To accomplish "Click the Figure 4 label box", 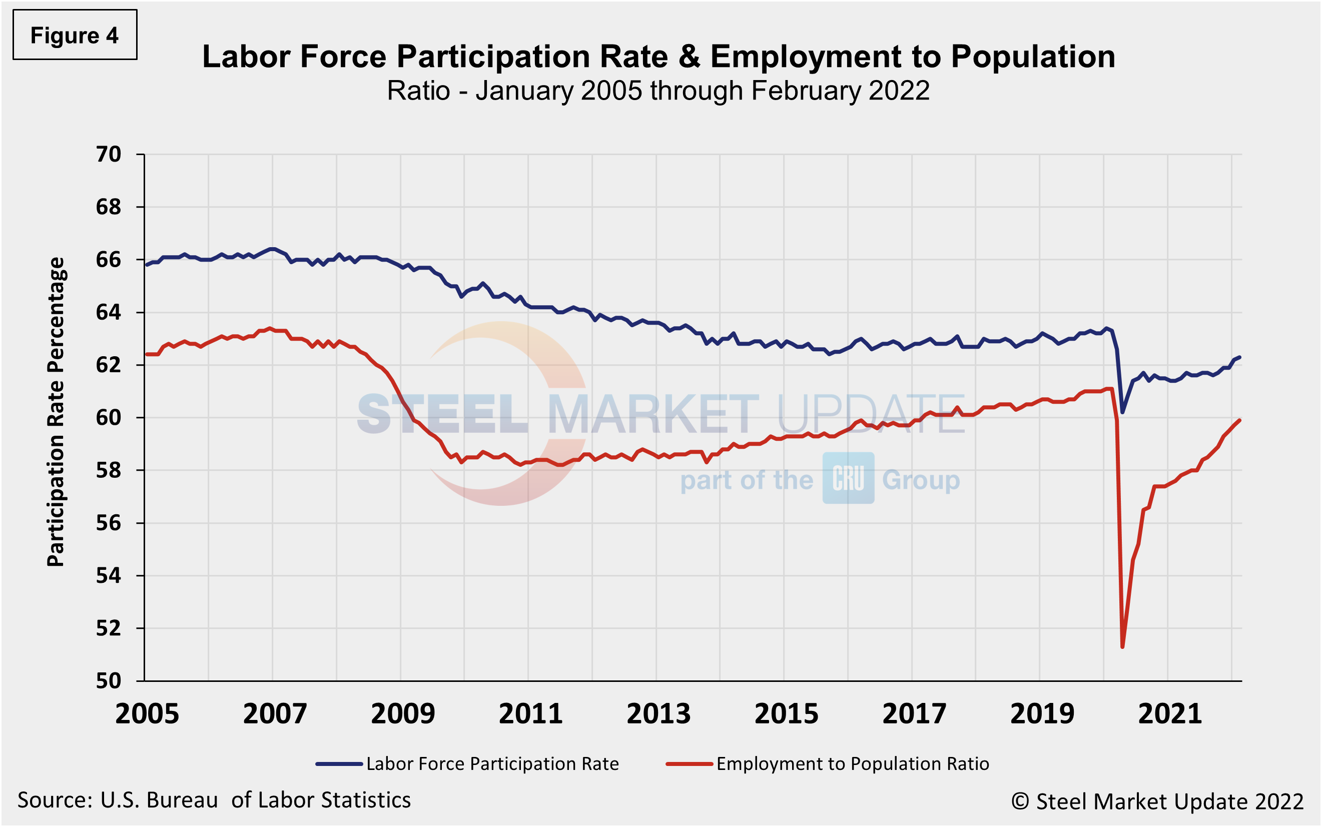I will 75,35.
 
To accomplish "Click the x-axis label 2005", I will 147,714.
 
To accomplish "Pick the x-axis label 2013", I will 658,714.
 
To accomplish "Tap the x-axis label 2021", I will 1170,714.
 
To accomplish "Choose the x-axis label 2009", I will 403,714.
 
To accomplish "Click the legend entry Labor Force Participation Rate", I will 492,764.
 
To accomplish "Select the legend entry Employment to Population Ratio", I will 852,764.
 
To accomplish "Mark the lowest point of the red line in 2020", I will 1122,647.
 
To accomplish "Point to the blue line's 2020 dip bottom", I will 1122,412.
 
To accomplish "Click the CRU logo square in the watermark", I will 848,478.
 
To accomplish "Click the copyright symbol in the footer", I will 1020,802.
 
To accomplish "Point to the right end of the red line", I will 1240,420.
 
